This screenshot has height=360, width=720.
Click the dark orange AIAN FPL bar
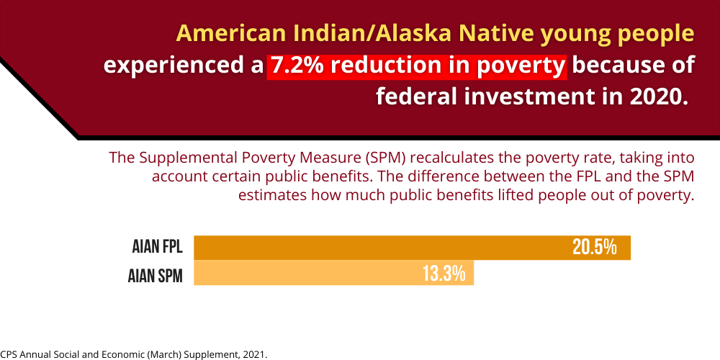pyautogui.click(x=412, y=248)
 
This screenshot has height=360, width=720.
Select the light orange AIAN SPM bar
pyautogui.click(x=333, y=273)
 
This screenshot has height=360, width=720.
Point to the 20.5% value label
pyautogui.click(x=594, y=248)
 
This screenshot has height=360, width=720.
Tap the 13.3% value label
pyautogui.click(x=444, y=274)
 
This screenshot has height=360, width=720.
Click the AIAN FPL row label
pyautogui.click(x=158, y=248)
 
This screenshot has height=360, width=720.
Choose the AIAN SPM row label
pyautogui.click(x=156, y=277)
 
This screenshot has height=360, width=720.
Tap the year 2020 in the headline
pyautogui.click(x=662, y=97)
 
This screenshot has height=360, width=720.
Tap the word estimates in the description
pyautogui.click(x=272, y=195)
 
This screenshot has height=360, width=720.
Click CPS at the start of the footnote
pyautogui.click(x=7, y=355)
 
